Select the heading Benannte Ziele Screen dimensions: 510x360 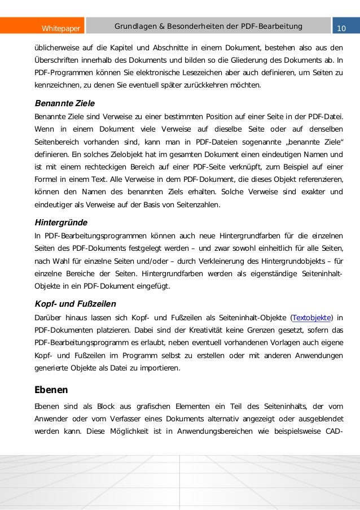(64, 103)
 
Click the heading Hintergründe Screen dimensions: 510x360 (61, 223)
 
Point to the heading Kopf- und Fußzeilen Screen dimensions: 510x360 (75, 303)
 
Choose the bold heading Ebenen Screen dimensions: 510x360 (51, 390)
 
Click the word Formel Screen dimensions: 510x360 (47, 180)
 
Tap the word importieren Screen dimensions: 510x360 (160, 368)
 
